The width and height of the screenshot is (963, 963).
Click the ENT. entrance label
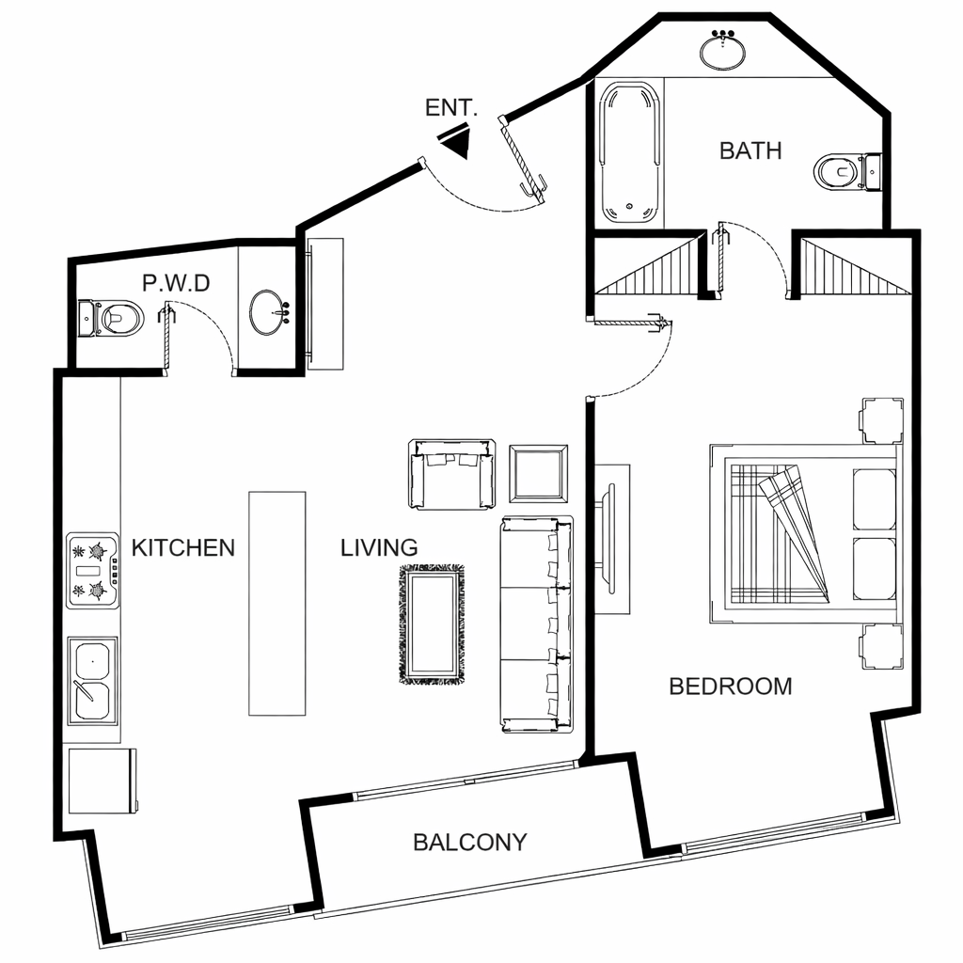tap(450, 107)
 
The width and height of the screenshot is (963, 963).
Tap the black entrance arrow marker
tap(458, 141)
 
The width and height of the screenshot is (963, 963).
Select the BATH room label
tap(750, 150)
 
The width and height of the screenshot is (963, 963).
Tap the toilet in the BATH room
tap(848, 171)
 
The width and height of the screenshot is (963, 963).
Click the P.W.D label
tap(176, 283)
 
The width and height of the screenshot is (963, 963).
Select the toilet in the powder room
tap(111, 318)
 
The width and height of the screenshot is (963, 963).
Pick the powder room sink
tap(269, 312)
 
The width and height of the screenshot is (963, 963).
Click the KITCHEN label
tap(183, 548)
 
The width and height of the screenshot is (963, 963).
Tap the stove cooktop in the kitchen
tap(93, 571)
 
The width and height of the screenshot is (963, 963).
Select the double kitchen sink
tap(92, 681)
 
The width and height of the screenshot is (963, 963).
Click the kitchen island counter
tap(277, 603)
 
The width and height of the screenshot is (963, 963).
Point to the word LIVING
tap(379, 548)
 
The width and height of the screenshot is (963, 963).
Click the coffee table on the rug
tap(432, 624)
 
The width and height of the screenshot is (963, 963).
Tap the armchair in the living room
tap(452, 474)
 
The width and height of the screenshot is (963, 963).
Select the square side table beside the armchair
tap(539, 474)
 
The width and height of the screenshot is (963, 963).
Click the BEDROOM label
tap(730, 687)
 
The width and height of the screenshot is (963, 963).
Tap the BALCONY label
tap(470, 842)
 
